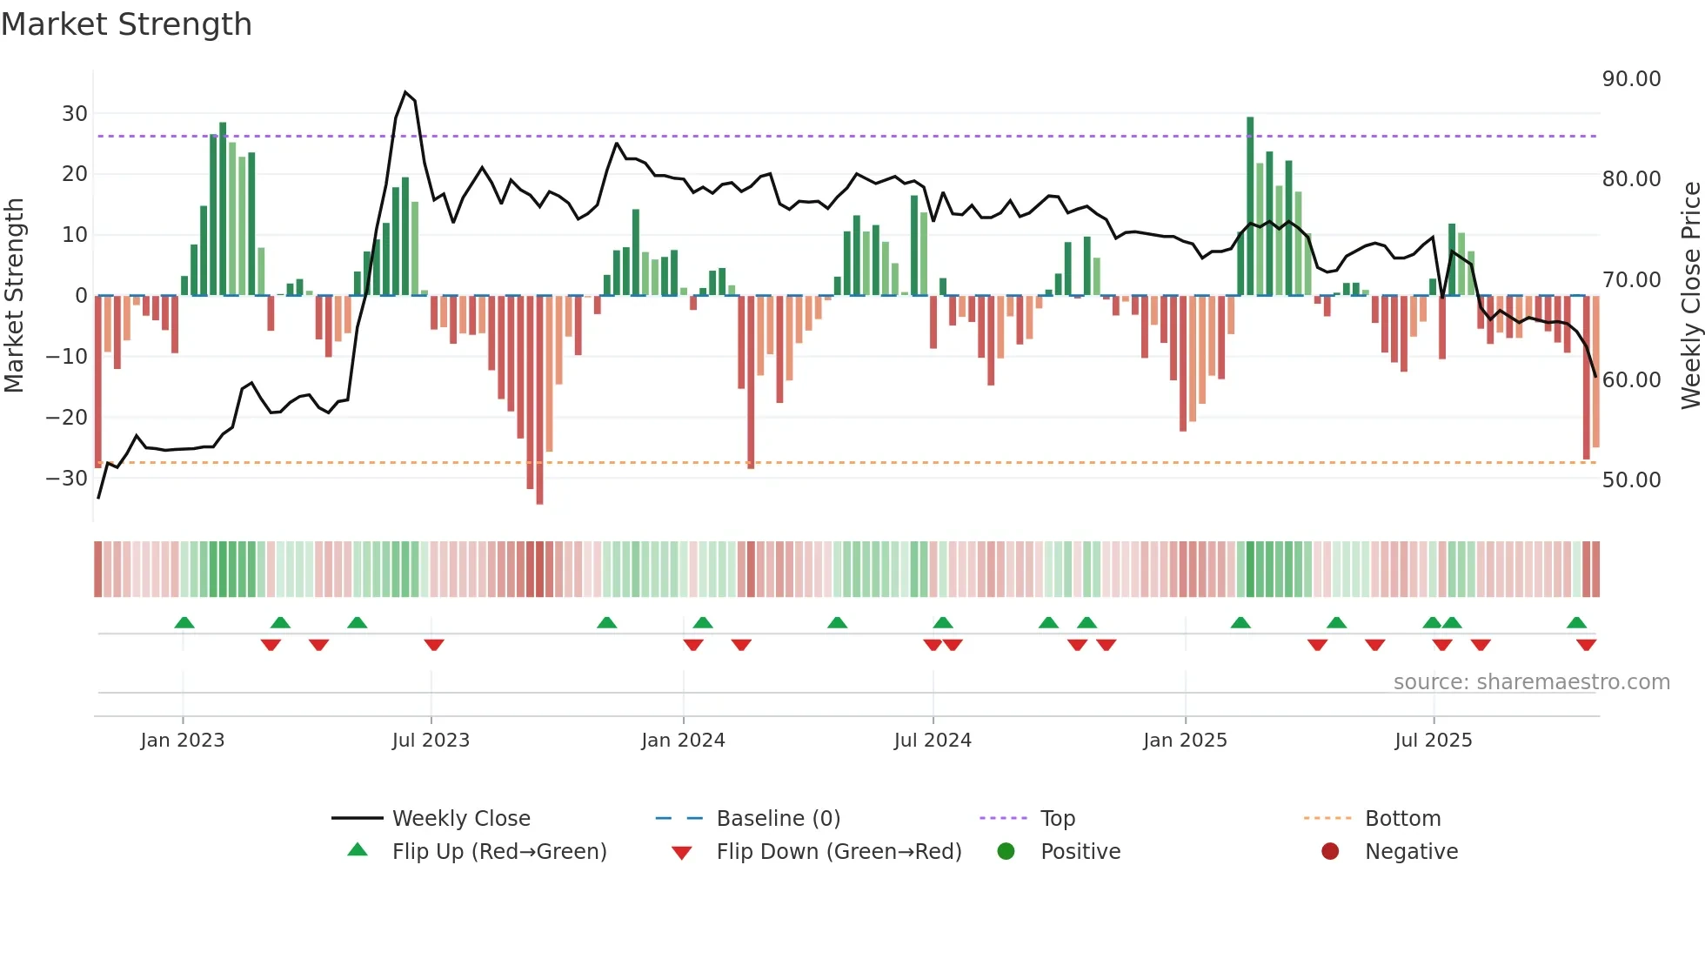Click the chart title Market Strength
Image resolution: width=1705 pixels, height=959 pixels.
pos(126,24)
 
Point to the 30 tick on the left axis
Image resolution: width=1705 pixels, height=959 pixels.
pos(75,114)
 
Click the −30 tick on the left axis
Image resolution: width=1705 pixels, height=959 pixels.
pos(68,479)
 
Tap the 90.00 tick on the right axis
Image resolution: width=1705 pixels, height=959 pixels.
pos(1631,79)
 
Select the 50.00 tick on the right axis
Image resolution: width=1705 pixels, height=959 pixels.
pos(1631,480)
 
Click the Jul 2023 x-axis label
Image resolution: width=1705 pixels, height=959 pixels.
pos(431,741)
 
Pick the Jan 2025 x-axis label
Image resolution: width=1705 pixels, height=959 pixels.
pos(1185,741)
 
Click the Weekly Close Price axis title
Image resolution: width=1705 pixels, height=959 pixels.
pos(1690,296)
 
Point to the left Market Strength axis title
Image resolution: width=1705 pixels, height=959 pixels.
pos(15,296)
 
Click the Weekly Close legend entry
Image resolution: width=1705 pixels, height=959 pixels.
pos(460,819)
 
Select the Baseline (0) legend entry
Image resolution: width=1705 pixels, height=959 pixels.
pos(778,819)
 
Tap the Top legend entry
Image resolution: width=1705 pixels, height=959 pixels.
pos(1057,819)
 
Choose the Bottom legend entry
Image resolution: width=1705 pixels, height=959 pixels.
pos(1402,819)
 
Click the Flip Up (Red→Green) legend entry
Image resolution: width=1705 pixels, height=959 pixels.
pos(498,852)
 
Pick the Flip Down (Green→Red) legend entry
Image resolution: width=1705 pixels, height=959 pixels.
pos(839,852)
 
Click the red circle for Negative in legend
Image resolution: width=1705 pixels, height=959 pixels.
pos(1330,852)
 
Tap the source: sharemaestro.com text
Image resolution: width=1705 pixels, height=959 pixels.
pos(1531,682)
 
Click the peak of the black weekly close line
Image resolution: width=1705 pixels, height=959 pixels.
pos(405,92)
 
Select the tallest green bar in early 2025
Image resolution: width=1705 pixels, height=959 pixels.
pos(1250,206)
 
